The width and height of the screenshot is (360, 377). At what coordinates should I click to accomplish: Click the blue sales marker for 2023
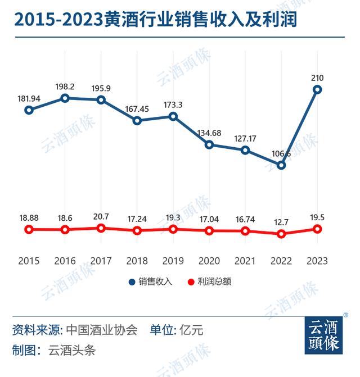tap(317, 89)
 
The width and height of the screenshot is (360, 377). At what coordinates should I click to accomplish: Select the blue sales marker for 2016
tap(65, 98)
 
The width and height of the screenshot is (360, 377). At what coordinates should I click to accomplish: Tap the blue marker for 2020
tap(209, 144)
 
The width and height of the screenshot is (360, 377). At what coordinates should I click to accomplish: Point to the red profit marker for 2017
tap(101, 228)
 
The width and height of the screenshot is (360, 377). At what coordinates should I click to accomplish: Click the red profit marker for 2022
tap(281, 234)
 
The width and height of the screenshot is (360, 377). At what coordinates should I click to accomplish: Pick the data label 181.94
tap(29, 99)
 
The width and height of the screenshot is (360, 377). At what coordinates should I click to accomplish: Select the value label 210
tap(317, 78)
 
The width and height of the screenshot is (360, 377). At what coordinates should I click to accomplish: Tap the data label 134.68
tap(209, 133)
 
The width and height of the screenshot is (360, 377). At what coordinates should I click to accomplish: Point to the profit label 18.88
tap(29, 217)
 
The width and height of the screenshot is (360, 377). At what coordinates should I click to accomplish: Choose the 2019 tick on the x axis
tap(173, 261)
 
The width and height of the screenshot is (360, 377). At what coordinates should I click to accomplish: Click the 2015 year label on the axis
tap(29, 261)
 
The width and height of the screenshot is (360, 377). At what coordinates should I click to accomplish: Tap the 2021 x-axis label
tap(245, 261)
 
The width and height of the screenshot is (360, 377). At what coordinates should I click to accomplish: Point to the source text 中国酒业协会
tap(102, 330)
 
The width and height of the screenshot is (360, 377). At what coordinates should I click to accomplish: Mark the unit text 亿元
tap(191, 330)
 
